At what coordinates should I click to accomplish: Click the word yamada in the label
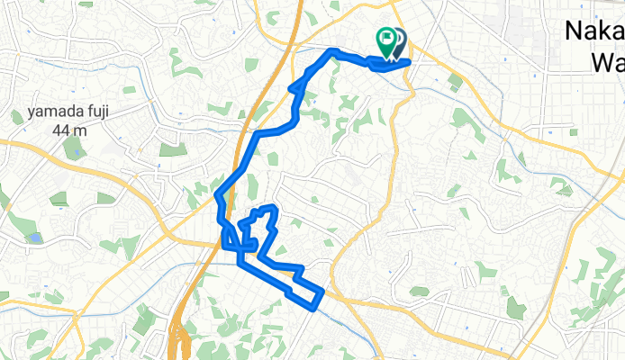tap(51, 113)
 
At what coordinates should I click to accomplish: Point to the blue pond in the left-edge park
tap(34, 238)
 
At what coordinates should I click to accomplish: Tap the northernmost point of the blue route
tap(333, 50)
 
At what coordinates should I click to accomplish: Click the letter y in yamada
tap(31, 114)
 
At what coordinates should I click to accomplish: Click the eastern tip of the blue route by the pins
tap(410, 61)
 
